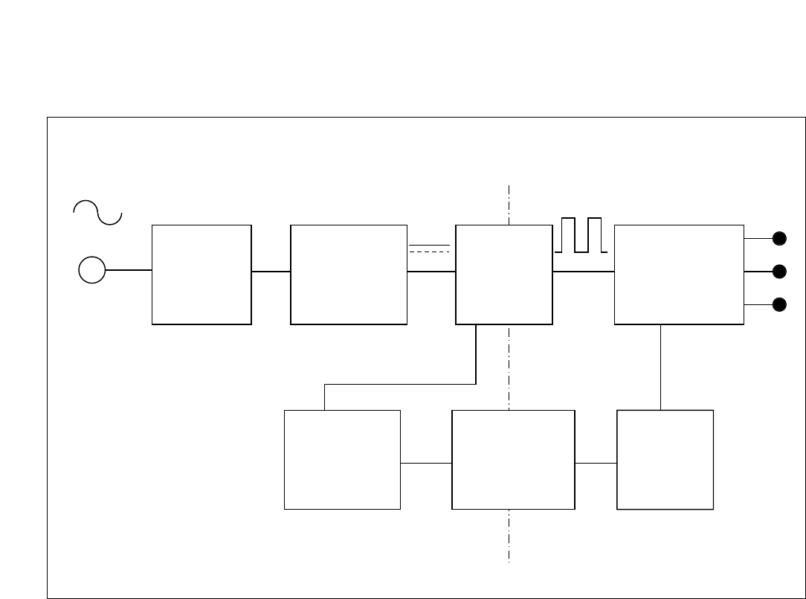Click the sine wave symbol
coord(97,212)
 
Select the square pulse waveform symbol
coord(581,235)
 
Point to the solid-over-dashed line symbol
coord(430,248)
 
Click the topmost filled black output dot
coord(779,239)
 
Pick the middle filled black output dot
coord(779,272)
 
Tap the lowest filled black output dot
coord(779,304)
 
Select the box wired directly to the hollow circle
coord(201,275)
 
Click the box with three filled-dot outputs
coord(679,275)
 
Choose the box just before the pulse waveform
coord(503,275)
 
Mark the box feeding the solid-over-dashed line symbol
coord(349,275)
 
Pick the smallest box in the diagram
coord(665,460)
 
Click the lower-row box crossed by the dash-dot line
coord(513,460)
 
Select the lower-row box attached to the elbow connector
coord(342,460)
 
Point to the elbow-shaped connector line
coord(402,385)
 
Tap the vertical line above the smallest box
coord(661,367)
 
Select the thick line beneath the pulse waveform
coord(584,272)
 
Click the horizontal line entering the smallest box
coord(596,463)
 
